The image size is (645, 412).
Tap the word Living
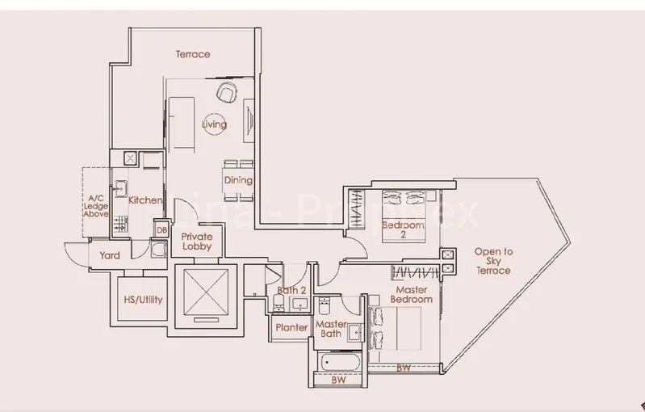(x=214, y=124)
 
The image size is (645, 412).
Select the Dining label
(x=238, y=180)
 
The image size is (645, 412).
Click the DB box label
(x=161, y=229)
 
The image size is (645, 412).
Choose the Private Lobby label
(x=196, y=240)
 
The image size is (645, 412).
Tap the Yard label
(x=110, y=255)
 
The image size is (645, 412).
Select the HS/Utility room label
(x=142, y=300)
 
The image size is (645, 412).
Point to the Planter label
(x=290, y=328)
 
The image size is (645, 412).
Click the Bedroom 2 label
(x=403, y=230)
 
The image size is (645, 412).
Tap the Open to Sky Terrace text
(x=493, y=261)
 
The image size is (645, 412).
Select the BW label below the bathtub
(x=338, y=380)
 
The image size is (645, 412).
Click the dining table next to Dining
(x=238, y=179)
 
